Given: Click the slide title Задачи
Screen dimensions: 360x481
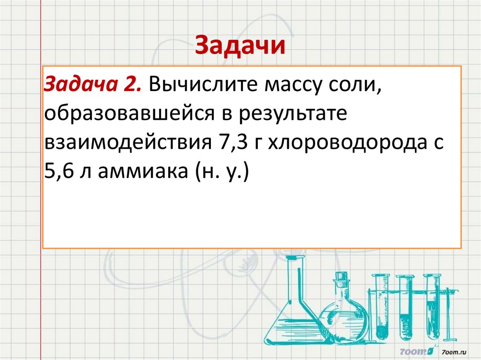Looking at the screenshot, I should coord(240,46).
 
